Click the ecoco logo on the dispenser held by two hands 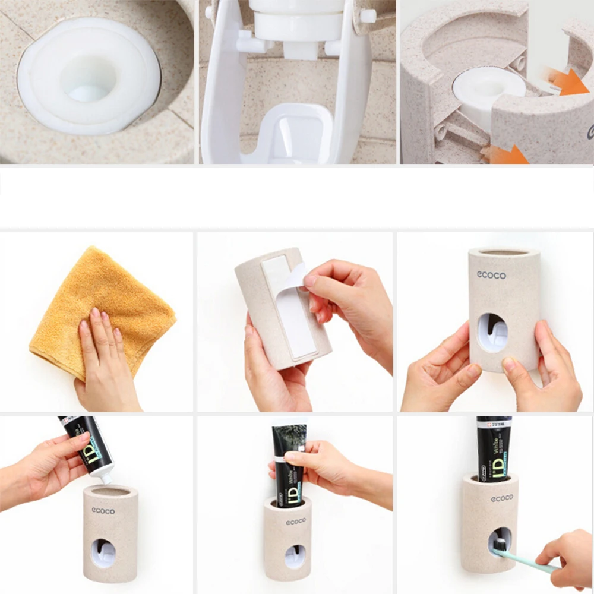coord(491,275)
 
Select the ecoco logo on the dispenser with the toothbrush coord(502,498)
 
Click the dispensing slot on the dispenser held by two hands coord(492,333)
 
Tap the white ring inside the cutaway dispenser coord(487,89)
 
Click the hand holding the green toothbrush coord(567,558)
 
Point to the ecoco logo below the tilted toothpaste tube coord(103,510)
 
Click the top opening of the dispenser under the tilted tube coord(110,491)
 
